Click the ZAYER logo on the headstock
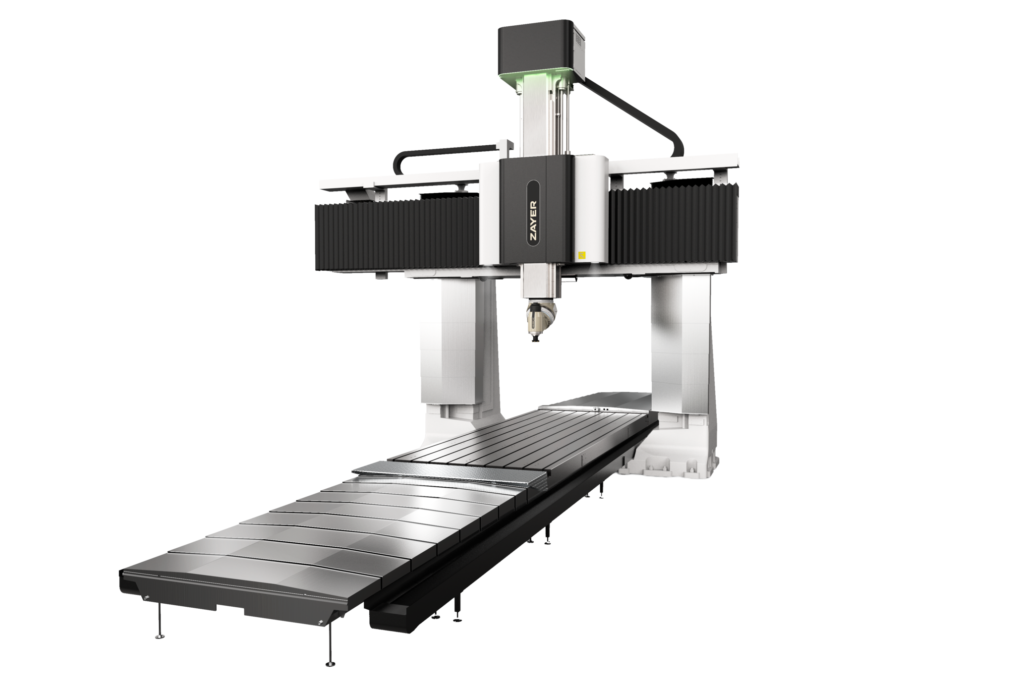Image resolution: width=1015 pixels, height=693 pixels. (x=533, y=220)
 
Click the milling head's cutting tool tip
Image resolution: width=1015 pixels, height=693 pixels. (x=535, y=342)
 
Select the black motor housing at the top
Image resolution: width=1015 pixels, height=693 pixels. (x=543, y=47)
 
